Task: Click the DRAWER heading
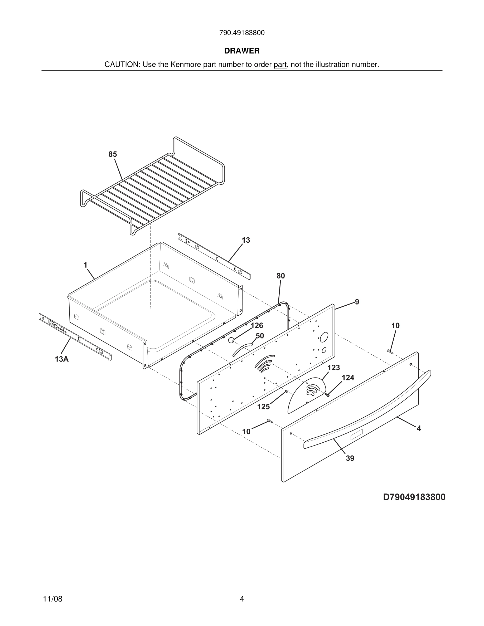click(242, 51)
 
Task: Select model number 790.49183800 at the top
click(242, 33)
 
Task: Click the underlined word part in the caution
click(280, 65)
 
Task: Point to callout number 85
click(113, 154)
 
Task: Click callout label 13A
click(62, 359)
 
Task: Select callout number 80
click(281, 276)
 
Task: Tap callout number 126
click(257, 326)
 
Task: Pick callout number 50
click(260, 336)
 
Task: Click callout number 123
click(334, 368)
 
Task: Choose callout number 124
click(348, 378)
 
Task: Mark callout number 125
click(263, 407)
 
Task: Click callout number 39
click(350, 459)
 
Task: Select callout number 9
click(357, 302)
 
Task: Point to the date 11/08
click(52, 599)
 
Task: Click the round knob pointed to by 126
click(231, 340)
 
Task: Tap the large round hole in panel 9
click(324, 337)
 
